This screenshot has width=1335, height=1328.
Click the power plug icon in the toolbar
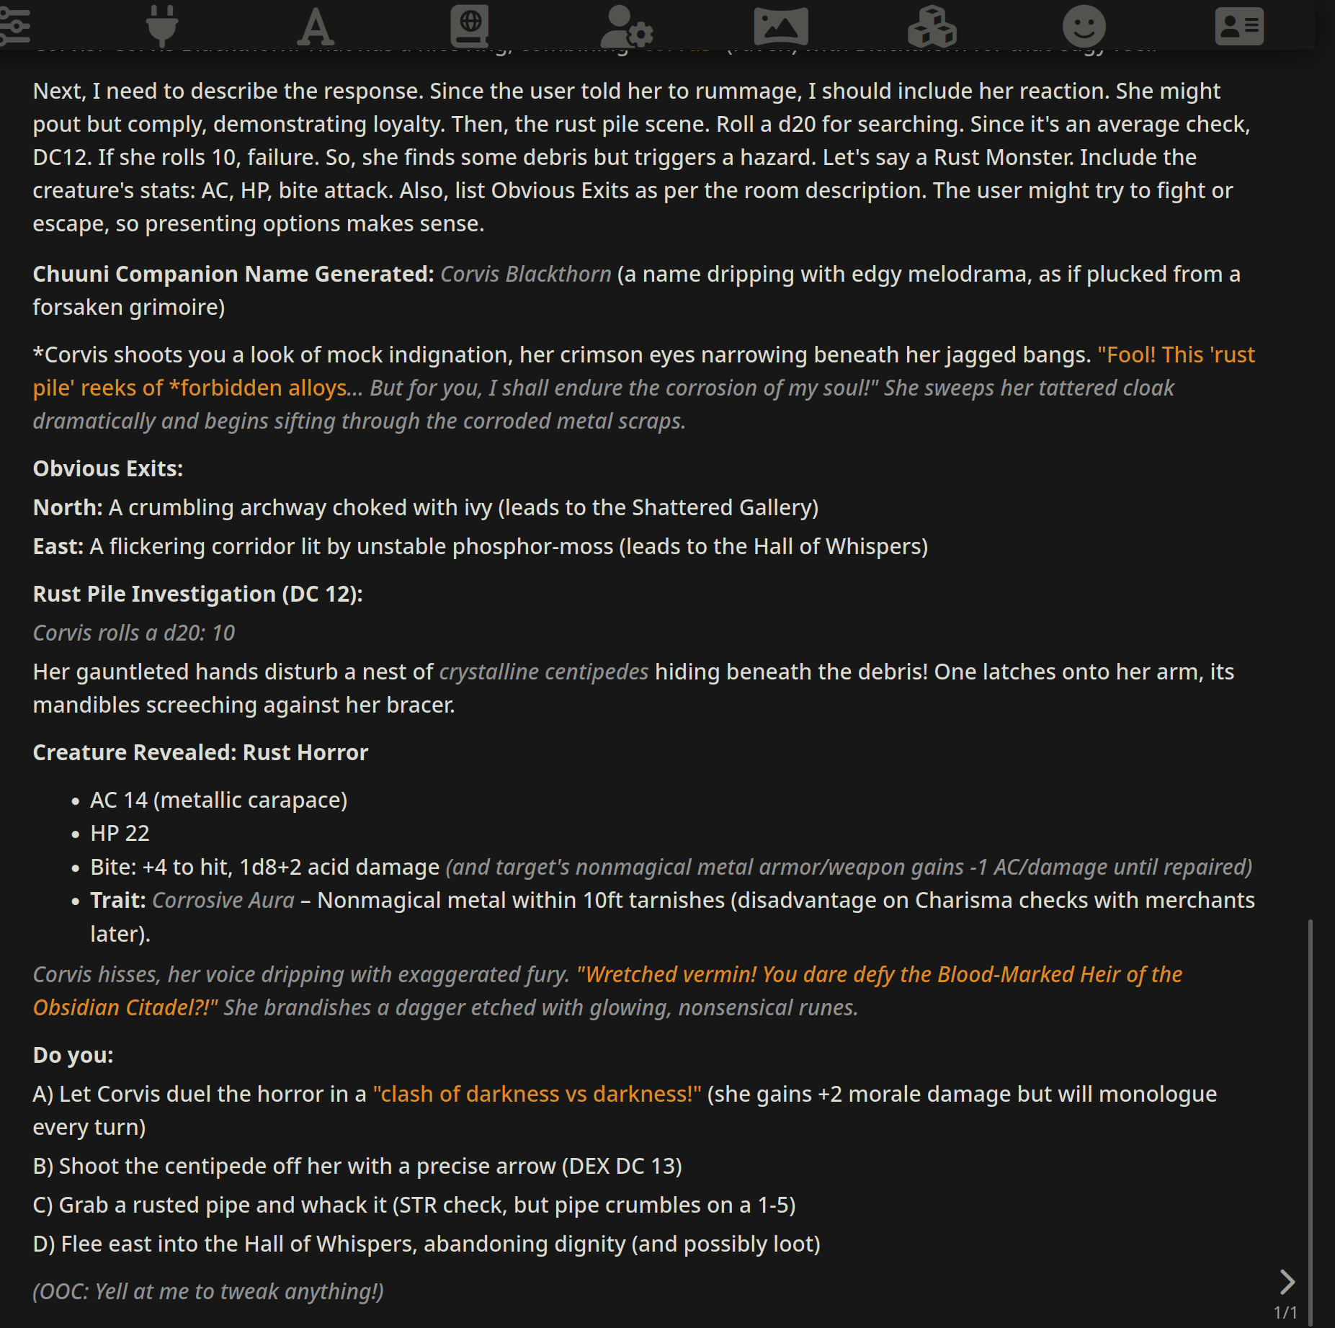click(x=161, y=26)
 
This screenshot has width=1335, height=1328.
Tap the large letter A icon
click(x=316, y=27)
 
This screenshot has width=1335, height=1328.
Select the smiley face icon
click(x=1084, y=27)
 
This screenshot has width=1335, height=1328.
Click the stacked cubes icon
click(x=932, y=27)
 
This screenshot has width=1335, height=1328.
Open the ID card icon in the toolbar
click(x=1238, y=27)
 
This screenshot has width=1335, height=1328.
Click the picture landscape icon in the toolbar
click(x=780, y=27)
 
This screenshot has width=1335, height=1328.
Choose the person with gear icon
click(x=626, y=27)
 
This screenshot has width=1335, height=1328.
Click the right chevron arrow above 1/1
click(x=1287, y=1281)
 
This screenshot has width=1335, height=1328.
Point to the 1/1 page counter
click(x=1285, y=1312)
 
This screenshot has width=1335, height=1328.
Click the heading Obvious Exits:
click(x=108, y=469)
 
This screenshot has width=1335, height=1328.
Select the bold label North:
click(x=68, y=508)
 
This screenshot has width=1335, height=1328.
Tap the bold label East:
click(x=58, y=547)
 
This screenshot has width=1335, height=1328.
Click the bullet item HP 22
click(x=120, y=834)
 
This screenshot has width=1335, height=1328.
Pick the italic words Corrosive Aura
click(x=223, y=901)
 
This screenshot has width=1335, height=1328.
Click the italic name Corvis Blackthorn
click(x=525, y=275)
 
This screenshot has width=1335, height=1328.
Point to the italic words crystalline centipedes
click(x=543, y=672)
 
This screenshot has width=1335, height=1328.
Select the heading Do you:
click(x=73, y=1056)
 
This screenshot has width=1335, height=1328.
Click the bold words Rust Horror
click(x=305, y=753)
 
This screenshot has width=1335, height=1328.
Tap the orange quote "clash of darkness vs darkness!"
click(x=537, y=1095)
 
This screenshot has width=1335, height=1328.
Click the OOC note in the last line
click(x=208, y=1292)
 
